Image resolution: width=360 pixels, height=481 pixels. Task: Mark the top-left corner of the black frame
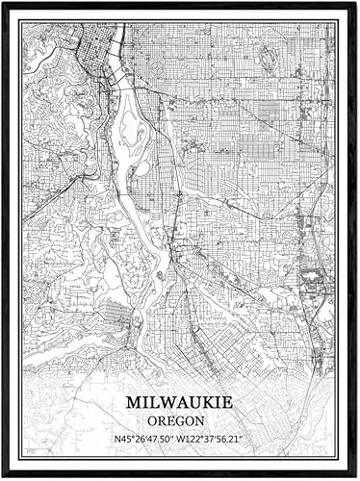coord(2,3)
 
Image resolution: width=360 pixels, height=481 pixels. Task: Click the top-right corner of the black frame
coord(357,3)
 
